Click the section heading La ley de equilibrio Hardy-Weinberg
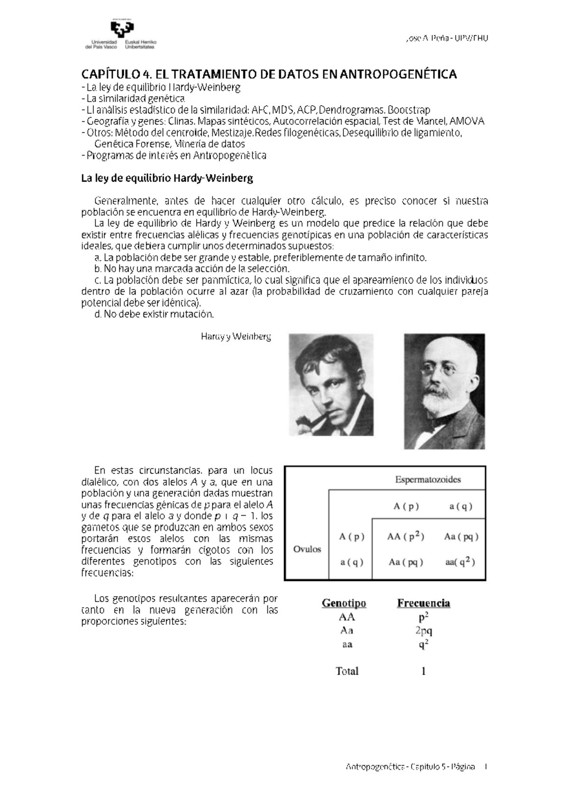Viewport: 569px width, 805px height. click(167, 179)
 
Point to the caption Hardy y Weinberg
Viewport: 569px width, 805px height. click(236, 337)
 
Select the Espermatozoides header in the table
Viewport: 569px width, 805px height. click(428, 479)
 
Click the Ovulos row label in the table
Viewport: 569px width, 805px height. click(307, 549)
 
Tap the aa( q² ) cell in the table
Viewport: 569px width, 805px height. click(460, 562)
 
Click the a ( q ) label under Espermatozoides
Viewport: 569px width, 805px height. click(460, 506)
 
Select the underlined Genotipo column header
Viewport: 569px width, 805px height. click(344, 603)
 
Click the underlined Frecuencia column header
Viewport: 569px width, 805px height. click(423, 603)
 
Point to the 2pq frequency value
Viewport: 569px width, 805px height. click(423, 631)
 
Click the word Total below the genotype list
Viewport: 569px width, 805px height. click(347, 671)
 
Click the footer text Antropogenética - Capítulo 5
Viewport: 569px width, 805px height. click(411, 768)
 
